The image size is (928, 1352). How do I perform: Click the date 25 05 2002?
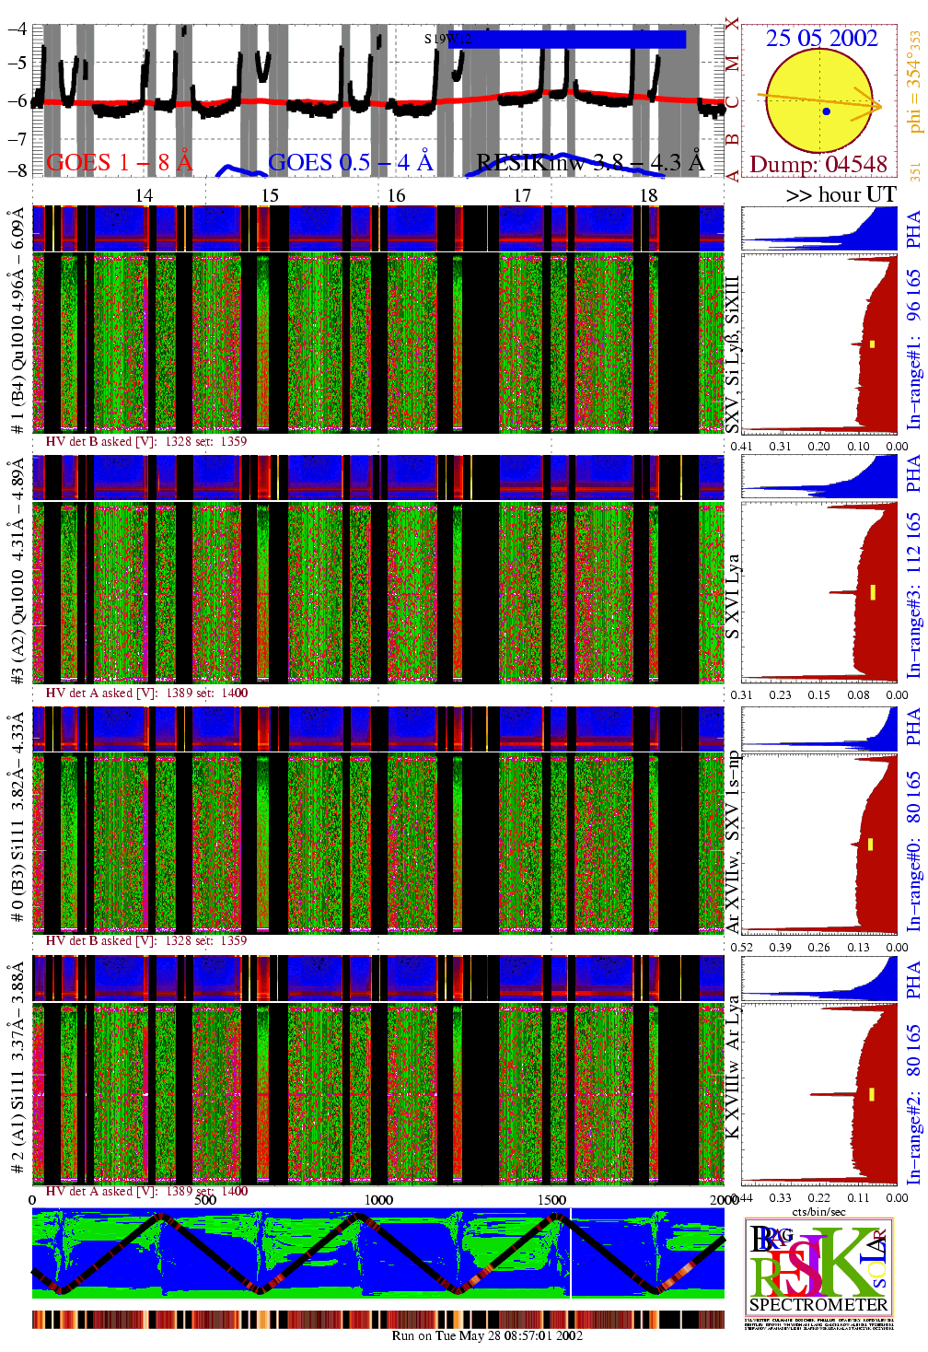821,38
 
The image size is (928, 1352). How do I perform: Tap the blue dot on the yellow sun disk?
827,111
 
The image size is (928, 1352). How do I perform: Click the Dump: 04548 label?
818,165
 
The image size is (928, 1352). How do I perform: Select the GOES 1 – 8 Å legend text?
120,163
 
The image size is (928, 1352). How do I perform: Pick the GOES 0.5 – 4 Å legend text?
351,163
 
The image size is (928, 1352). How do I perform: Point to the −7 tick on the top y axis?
17,138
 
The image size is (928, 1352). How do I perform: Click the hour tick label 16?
396,195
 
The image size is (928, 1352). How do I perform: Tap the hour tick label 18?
649,195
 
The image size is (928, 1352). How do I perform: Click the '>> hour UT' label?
841,195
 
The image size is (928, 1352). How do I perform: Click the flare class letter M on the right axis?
732,64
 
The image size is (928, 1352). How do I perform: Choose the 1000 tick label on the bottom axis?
378,1200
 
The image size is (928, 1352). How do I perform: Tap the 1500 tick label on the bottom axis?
551,1200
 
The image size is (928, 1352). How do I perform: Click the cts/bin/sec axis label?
818,1211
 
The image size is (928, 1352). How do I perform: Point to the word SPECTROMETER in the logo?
818,1305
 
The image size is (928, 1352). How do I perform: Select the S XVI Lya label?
733,596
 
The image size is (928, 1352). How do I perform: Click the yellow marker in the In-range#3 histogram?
872,592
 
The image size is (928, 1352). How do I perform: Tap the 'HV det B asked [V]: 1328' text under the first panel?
146,441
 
